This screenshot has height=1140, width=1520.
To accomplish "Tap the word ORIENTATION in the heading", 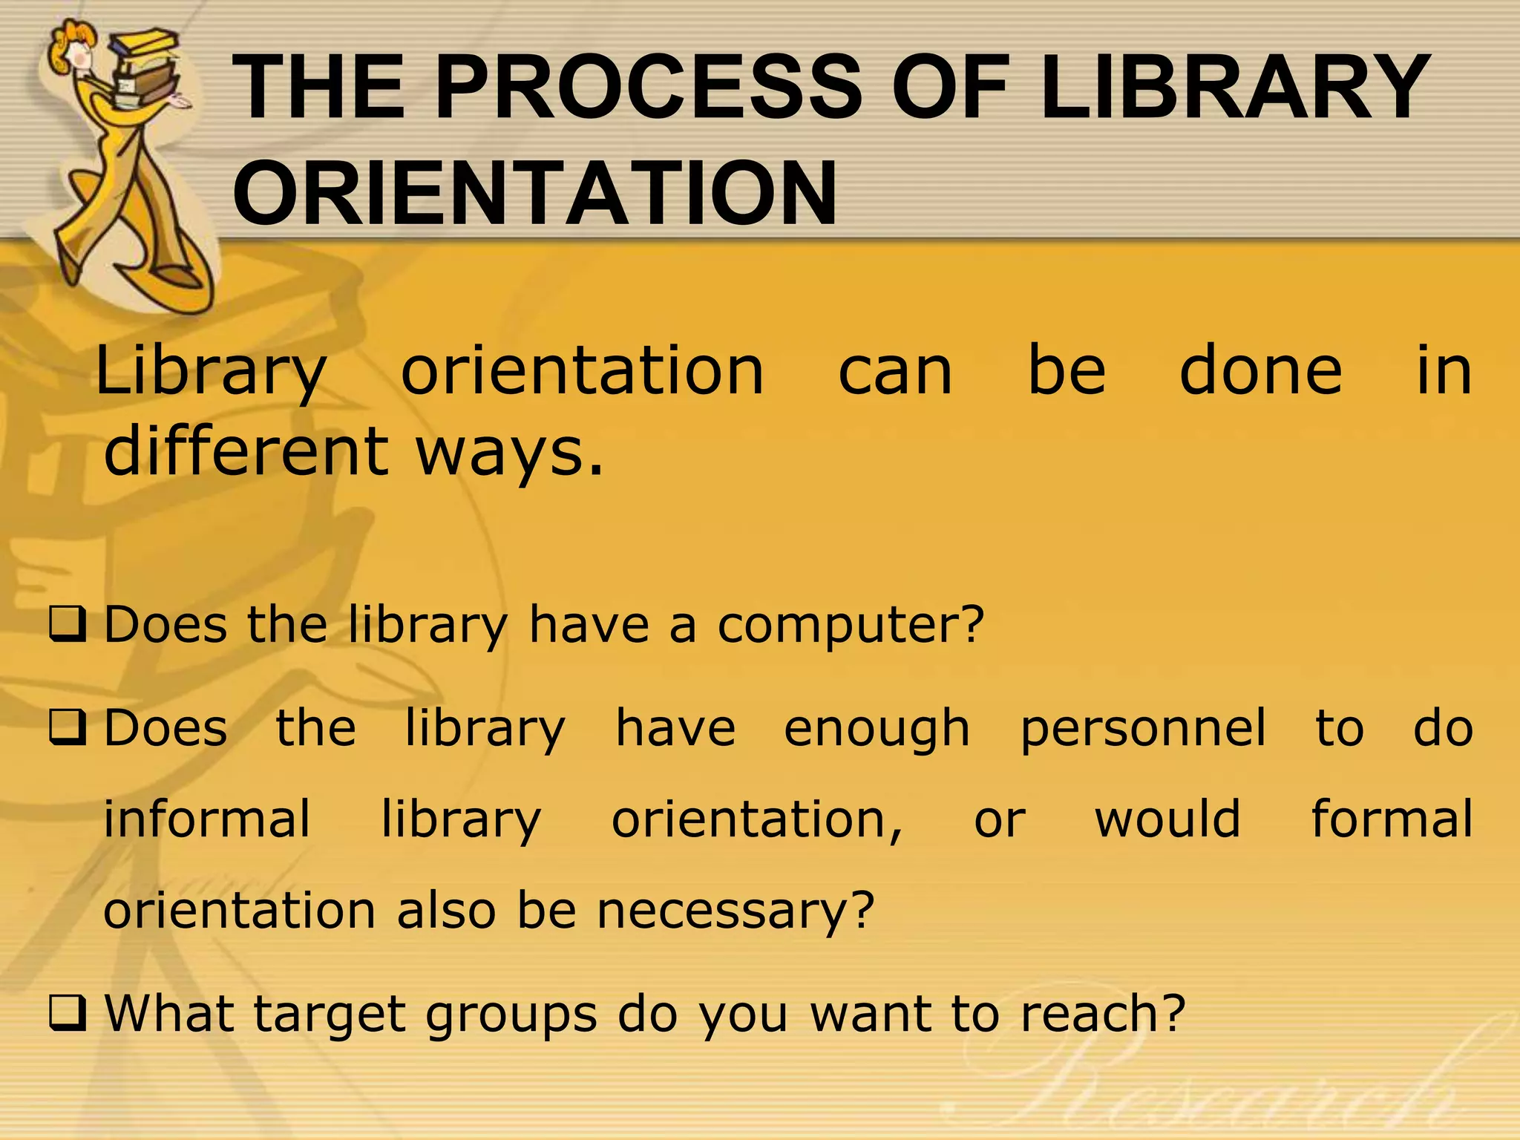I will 534,193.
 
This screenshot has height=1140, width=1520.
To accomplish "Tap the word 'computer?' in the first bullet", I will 851,625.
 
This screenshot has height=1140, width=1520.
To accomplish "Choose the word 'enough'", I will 877,730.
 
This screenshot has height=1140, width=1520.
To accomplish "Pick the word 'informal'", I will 206,819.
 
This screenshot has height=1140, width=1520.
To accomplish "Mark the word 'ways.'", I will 510,453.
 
